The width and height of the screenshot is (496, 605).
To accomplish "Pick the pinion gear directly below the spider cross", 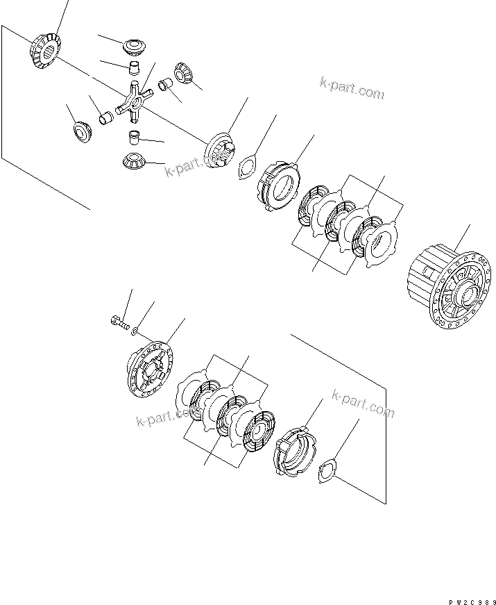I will [x=132, y=160].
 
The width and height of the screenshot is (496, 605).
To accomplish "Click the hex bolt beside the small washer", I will [x=120, y=322].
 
